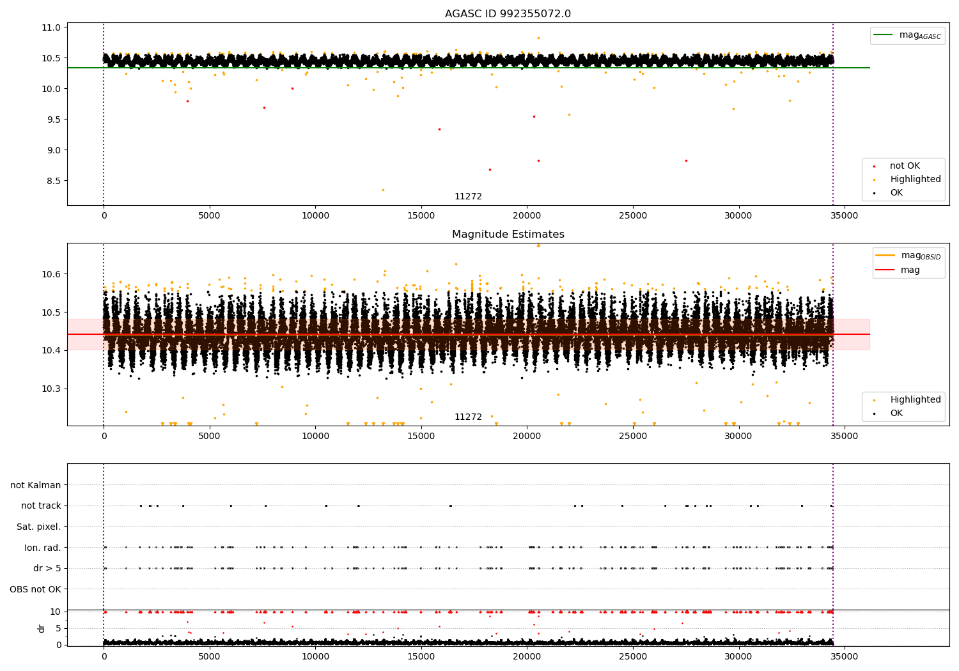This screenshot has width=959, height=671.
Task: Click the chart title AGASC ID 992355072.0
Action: pos(508,14)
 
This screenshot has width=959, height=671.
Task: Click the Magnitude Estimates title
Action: pos(508,235)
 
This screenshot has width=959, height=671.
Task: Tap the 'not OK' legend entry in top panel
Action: pos(904,166)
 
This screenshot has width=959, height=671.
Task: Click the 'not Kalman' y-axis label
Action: pos(36,485)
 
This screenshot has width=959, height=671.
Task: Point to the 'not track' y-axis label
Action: pos(41,505)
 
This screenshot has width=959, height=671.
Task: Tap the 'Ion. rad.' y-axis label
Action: pos(42,548)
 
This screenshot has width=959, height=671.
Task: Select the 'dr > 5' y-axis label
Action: pos(47,568)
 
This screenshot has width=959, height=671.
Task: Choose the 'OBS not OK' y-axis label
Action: pos(35,589)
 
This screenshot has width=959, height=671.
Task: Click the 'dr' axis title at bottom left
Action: pos(42,628)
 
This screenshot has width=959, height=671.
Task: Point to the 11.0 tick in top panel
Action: pos(51,27)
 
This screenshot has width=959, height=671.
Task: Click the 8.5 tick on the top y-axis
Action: pos(53,181)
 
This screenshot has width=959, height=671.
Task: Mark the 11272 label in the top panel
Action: pos(468,197)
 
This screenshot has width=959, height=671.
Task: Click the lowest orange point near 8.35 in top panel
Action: pos(383,190)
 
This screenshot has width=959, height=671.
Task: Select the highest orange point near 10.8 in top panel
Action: pos(538,38)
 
